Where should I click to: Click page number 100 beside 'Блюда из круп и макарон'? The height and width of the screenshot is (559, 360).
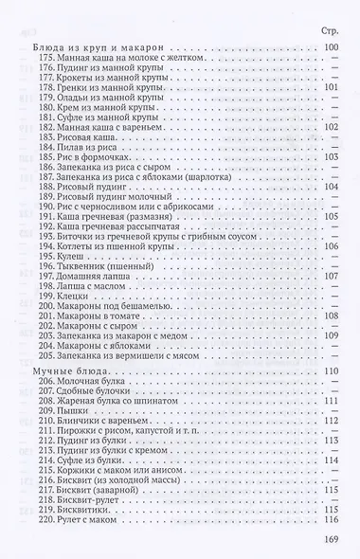331,47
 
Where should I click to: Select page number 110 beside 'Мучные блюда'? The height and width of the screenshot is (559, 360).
331,371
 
